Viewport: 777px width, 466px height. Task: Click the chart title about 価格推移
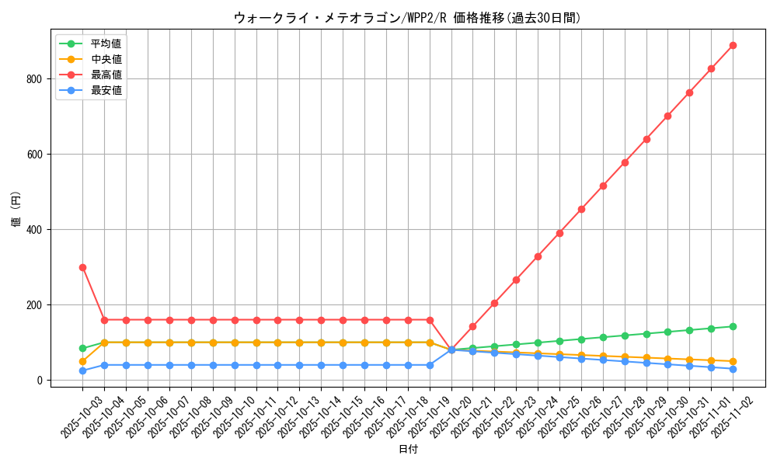click(x=407, y=18)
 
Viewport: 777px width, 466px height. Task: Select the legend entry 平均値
click(x=106, y=43)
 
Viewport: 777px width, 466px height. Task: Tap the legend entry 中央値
click(x=106, y=59)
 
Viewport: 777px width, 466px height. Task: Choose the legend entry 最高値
click(x=106, y=75)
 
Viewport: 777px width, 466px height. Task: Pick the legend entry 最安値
click(x=106, y=90)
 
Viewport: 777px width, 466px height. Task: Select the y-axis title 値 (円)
click(x=16, y=211)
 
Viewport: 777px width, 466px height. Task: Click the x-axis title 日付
click(x=408, y=450)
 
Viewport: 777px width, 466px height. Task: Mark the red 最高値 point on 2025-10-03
click(x=82, y=267)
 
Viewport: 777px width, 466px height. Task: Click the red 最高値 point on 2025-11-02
click(x=733, y=45)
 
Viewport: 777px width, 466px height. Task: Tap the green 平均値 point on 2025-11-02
click(x=733, y=326)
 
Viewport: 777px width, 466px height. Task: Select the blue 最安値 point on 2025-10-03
click(x=82, y=370)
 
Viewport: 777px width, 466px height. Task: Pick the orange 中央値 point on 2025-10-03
click(x=82, y=361)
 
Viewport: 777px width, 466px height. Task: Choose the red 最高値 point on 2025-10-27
click(x=603, y=186)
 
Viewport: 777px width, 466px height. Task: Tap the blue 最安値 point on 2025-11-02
click(x=733, y=369)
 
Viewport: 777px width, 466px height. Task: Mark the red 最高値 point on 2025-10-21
click(x=472, y=326)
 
